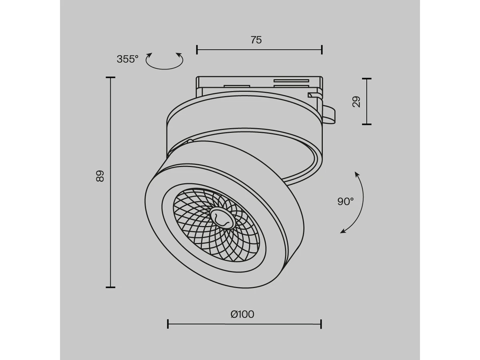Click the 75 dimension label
coord(256,40)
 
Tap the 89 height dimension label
coord(100,176)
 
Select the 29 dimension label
coord(356,102)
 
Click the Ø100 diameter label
coord(242,314)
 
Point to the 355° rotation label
coord(128,59)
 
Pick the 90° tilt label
coord(346,201)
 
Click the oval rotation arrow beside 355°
coord(164,61)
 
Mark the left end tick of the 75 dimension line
coord(197,50)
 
